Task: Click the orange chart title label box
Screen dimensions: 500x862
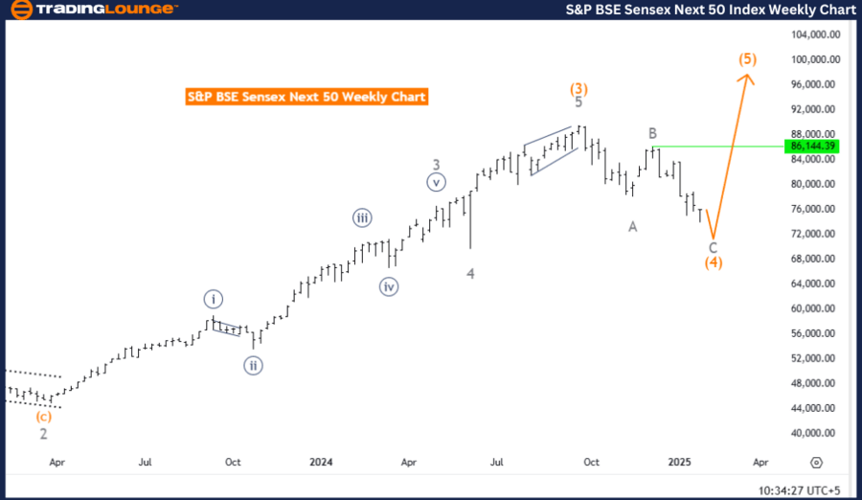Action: pyautogui.click(x=306, y=97)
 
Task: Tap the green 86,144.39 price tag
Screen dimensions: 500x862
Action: pyautogui.click(x=812, y=147)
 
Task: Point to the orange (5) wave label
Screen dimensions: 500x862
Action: pyautogui.click(x=748, y=58)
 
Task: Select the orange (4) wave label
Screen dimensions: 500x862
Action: pyautogui.click(x=714, y=262)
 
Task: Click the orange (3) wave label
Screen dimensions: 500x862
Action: pyautogui.click(x=578, y=89)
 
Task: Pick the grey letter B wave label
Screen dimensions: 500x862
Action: pyautogui.click(x=651, y=133)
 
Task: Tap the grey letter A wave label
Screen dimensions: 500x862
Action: pyautogui.click(x=633, y=226)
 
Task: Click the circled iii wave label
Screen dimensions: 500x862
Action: pyautogui.click(x=362, y=218)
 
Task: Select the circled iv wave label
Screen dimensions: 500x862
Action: pyautogui.click(x=388, y=285)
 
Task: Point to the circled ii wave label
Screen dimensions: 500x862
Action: pyautogui.click(x=253, y=365)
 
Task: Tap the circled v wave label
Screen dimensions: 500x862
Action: pyautogui.click(x=436, y=182)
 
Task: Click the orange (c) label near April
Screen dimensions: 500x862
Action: pyautogui.click(x=43, y=417)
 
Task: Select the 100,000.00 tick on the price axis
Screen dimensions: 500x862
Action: pyautogui.click(x=815, y=59)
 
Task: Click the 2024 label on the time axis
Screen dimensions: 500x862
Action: pyautogui.click(x=321, y=462)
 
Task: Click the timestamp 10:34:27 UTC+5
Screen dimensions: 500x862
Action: pyautogui.click(x=798, y=489)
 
